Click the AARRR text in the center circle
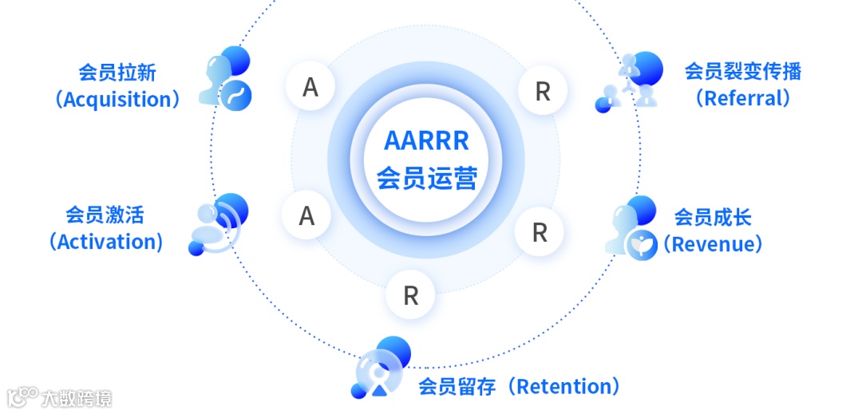click(x=426, y=141)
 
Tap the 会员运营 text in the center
click(x=426, y=178)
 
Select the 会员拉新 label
click(x=117, y=73)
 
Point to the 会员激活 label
click(x=105, y=215)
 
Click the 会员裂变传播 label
click(x=742, y=71)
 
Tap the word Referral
click(x=742, y=98)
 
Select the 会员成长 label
click(x=713, y=217)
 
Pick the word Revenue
click(x=713, y=243)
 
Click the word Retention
click(x=567, y=387)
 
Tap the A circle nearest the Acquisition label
click(x=310, y=87)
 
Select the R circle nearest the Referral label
click(x=543, y=92)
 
